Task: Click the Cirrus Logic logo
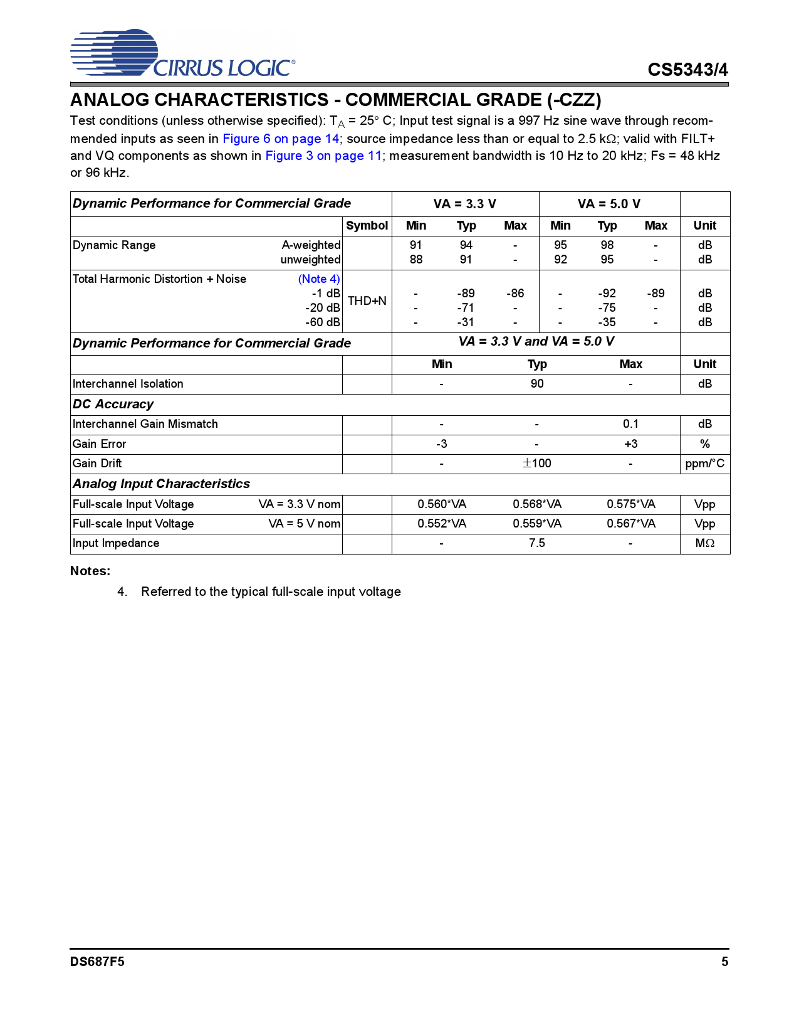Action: (x=182, y=53)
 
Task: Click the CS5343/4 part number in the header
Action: (x=687, y=70)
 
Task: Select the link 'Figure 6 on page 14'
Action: (x=281, y=139)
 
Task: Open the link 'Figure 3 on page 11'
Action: (x=323, y=156)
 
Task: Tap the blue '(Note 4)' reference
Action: (x=319, y=279)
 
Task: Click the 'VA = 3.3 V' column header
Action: (x=464, y=204)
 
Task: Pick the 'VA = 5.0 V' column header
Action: (x=608, y=204)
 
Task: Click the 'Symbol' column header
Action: (x=367, y=226)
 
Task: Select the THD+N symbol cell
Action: (x=367, y=301)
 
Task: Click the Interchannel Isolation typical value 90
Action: (x=537, y=384)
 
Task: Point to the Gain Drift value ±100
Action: (x=537, y=464)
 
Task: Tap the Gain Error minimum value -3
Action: (x=441, y=444)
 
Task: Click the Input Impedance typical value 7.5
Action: (x=537, y=543)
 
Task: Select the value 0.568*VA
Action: (x=537, y=504)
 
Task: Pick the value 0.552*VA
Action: (x=442, y=524)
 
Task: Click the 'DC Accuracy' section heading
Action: (x=113, y=405)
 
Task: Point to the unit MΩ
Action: (x=704, y=543)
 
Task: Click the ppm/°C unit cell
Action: (x=704, y=464)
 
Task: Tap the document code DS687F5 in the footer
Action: (x=97, y=962)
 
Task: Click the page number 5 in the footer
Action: (x=724, y=962)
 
